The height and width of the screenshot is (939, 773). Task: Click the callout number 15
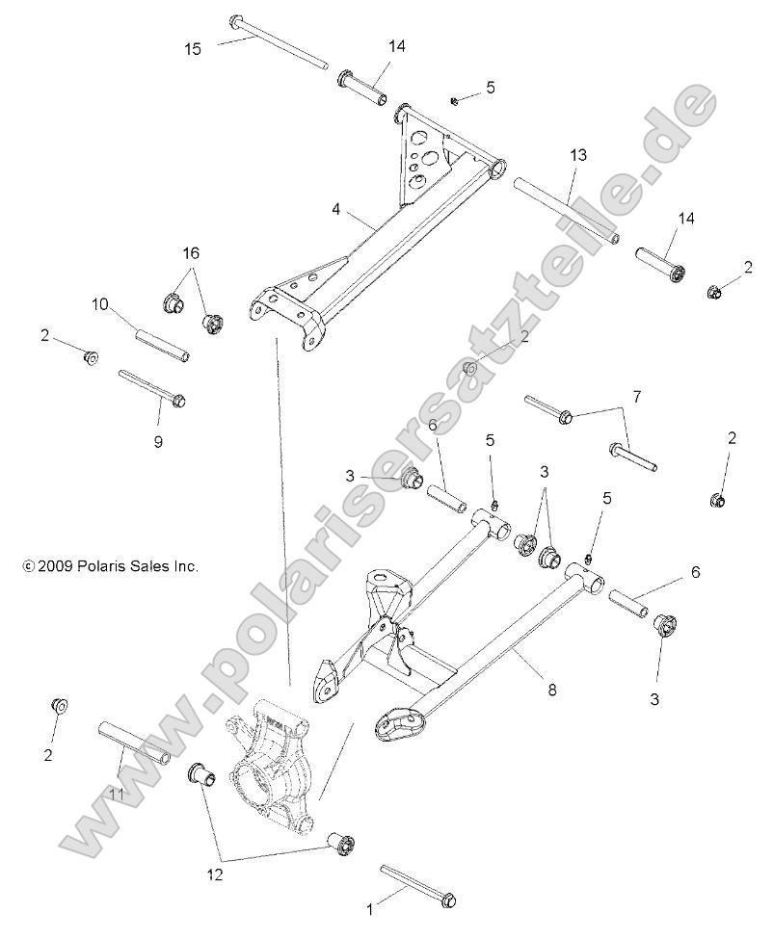(193, 49)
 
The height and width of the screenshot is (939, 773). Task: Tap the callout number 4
(335, 208)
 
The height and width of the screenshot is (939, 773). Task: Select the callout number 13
(577, 155)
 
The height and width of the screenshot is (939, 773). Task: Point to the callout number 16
(191, 252)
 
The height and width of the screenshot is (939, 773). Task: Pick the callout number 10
(99, 304)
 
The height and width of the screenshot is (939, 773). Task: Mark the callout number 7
(636, 396)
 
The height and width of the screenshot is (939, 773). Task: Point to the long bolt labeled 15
(280, 44)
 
